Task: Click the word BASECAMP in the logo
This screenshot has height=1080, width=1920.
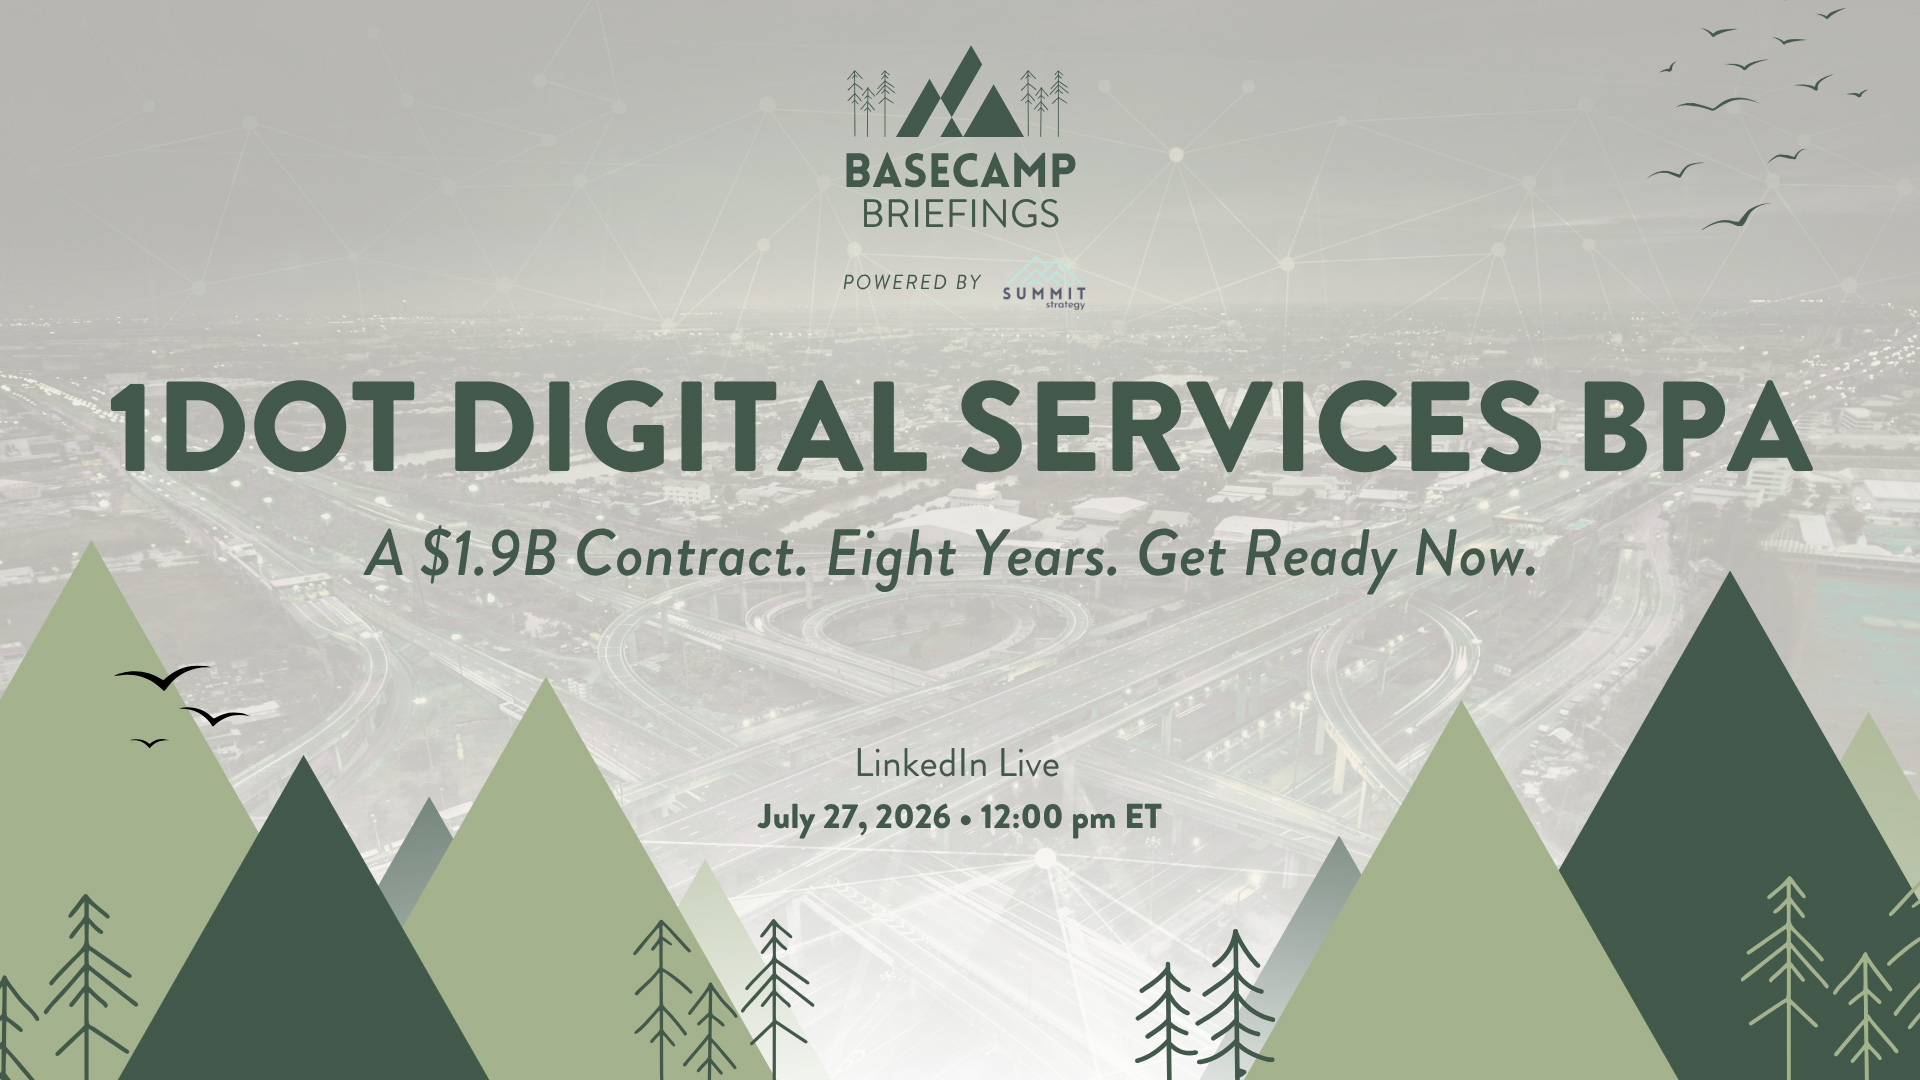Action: pyautogui.click(x=960, y=170)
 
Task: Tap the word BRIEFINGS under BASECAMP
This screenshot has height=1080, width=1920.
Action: pyautogui.click(x=960, y=213)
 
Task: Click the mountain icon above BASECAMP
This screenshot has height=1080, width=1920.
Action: pyautogui.click(x=960, y=91)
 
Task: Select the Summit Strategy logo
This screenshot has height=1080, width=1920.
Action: pyautogui.click(x=1044, y=291)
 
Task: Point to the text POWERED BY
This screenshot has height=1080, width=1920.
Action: pyautogui.click(x=912, y=283)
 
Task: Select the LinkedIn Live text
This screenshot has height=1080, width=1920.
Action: pyautogui.click(x=958, y=765)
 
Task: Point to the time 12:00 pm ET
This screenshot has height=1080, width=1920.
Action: pyautogui.click(x=1071, y=818)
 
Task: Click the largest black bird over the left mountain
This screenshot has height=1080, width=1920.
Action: pyautogui.click(x=162, y=677)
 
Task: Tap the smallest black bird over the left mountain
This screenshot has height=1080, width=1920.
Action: pyautogui.click(x=149, y=742)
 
